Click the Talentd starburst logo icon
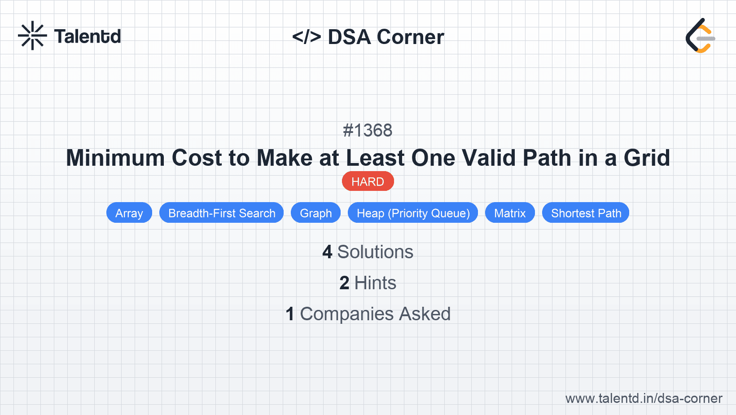[32, 36]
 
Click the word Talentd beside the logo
[88, 36]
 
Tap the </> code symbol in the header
[307, 37]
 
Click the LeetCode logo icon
[700, 36]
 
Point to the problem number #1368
[368, 131]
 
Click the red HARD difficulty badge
[368, 181]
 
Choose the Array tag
[129, 213]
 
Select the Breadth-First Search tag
[222, 213]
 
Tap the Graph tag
[316, 213]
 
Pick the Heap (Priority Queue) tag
[413, 213]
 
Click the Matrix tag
[510, 213]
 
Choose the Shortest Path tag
[586, 213]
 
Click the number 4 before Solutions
[327, 252]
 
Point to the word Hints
[375, 283]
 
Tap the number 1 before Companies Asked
[290, 314]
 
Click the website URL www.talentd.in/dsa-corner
[644, 398]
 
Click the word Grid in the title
[647, 158]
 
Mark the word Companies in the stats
[346, 314]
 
